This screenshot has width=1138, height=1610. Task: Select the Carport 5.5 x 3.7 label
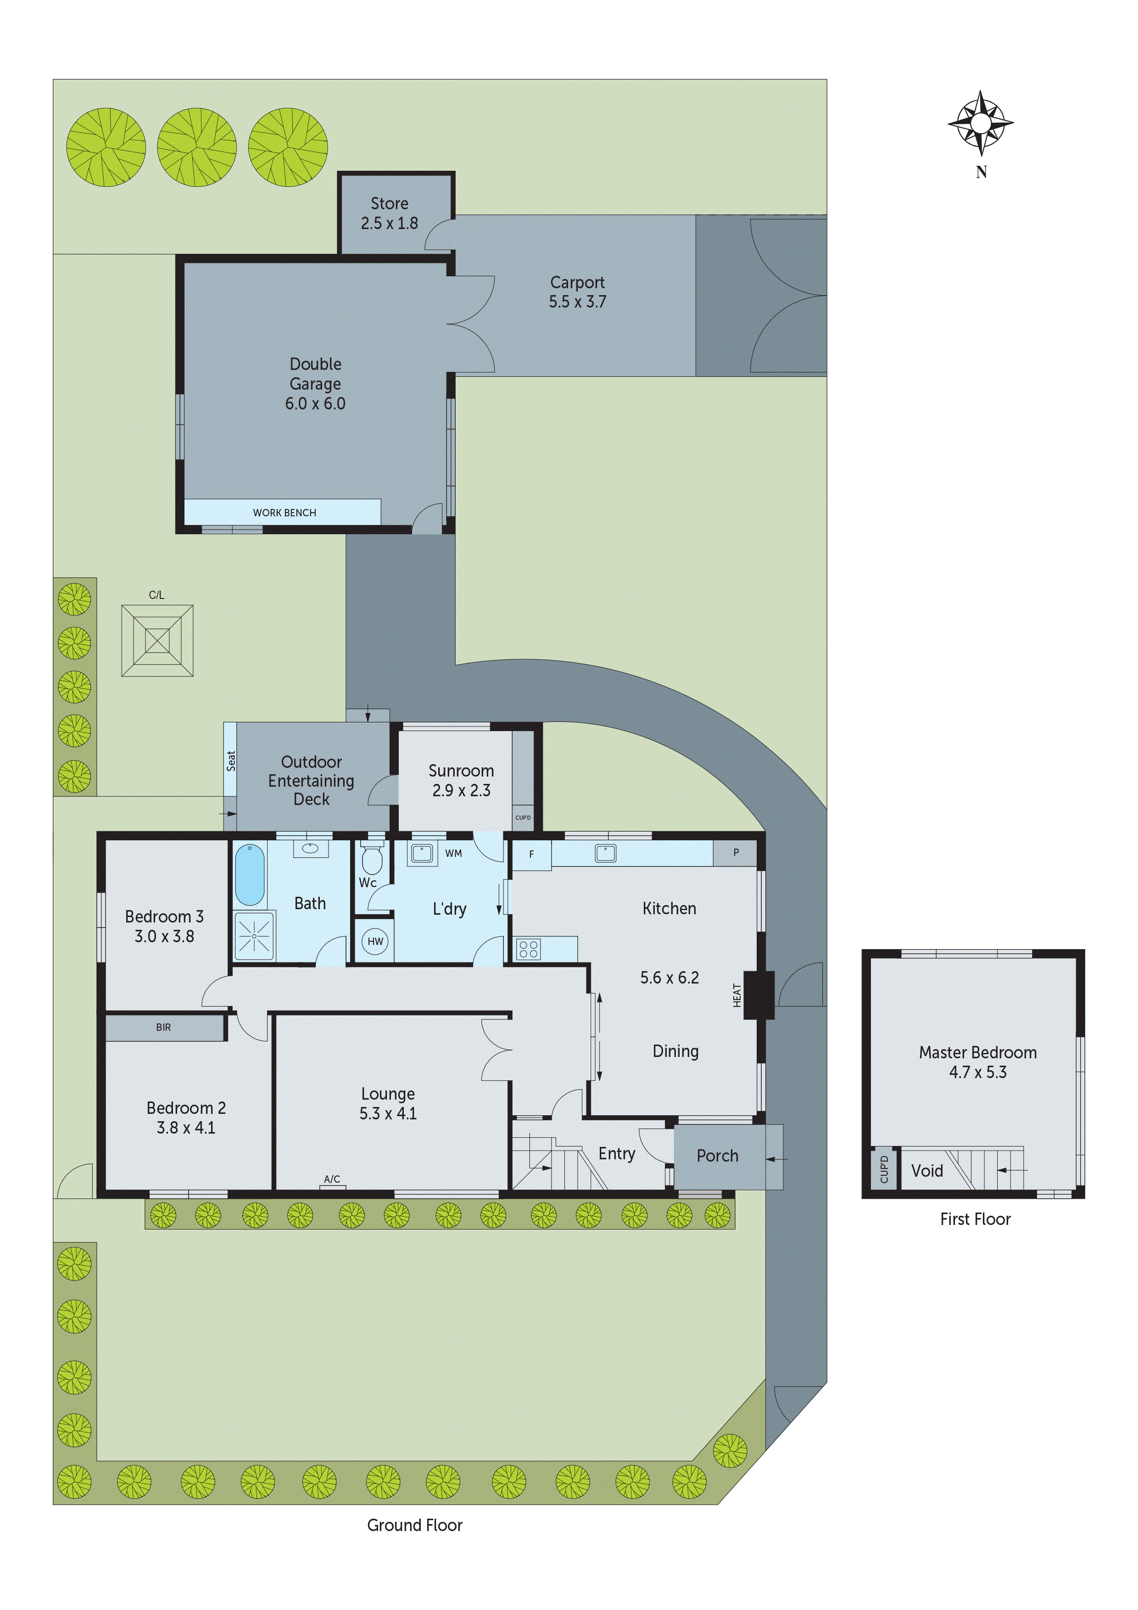[577, 292]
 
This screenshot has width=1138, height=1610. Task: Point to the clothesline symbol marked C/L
[157, 640]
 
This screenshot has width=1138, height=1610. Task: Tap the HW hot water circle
[375, 941]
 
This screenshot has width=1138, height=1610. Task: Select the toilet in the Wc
[372, 860]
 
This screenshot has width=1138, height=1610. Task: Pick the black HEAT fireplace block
[758, 995]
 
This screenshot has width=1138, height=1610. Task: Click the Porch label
[717, 1156]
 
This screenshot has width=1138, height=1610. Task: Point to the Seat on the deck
[231, 761]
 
